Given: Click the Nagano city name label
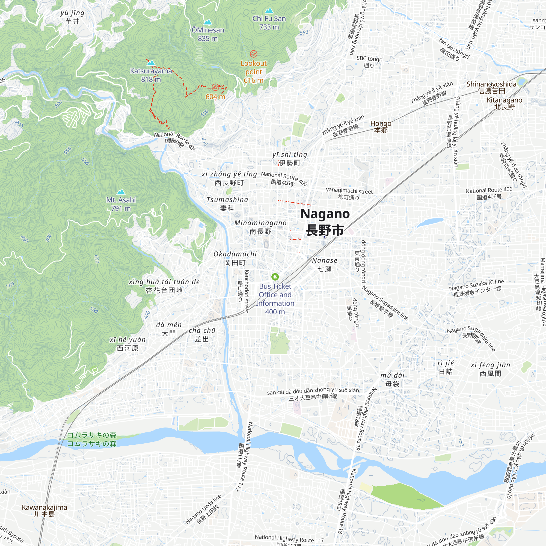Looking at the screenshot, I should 325,222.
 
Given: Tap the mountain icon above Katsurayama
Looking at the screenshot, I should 151,63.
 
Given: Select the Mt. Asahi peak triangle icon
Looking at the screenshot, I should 121,192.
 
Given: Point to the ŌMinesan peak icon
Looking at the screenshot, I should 208,22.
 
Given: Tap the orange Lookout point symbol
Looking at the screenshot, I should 254,54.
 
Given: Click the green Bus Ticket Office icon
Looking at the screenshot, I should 275,277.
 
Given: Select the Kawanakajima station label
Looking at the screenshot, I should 45,511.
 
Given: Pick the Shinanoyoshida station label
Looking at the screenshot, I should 491,87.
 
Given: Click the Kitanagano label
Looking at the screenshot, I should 505,103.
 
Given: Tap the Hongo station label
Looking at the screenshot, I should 381,126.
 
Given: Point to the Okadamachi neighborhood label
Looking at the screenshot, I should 235,258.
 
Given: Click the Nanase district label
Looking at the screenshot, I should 325,264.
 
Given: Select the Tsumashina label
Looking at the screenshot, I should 227,203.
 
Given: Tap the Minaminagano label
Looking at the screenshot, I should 260,227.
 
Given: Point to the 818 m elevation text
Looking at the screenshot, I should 151,79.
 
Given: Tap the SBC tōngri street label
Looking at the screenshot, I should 369,61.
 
